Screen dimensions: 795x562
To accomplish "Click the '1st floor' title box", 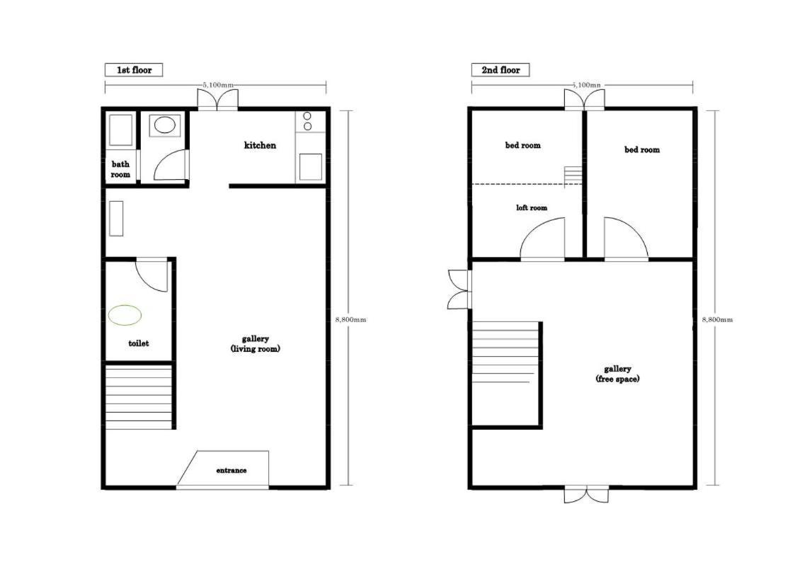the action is tap(134, 70).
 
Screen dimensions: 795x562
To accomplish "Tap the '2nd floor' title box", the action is tap(501, 70).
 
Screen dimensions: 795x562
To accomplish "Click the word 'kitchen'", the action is tap(260, 145).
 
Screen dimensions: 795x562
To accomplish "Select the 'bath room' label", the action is tap(120, 169).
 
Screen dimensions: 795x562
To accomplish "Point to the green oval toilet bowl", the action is tap(125, 315).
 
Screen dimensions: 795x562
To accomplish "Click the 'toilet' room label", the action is tap(139, 343).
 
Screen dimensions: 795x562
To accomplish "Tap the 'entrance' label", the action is tap(231, 470).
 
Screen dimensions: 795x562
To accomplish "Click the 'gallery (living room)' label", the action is tap(255, 343).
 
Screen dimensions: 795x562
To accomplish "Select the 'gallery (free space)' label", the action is tap(617, 374).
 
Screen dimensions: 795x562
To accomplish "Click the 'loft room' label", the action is tap(532, 208).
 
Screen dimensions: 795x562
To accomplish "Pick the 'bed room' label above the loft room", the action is tap(522, 145).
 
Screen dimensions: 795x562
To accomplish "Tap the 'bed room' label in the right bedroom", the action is tap(642, 150).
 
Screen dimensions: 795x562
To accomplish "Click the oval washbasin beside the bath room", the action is tap(165, 125).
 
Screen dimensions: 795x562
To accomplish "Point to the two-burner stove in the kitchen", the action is tap(307, 121).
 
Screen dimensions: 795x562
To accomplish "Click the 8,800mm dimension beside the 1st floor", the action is tap(350, 320).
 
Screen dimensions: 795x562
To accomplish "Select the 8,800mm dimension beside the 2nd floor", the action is tap(717, 320).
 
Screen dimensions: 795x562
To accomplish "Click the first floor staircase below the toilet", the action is tap(139, 397).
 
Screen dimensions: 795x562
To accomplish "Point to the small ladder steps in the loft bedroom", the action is tap(573, 176).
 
